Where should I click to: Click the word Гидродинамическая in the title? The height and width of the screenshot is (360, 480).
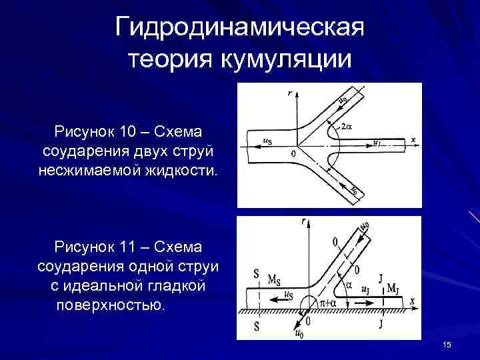(x=239, y=29)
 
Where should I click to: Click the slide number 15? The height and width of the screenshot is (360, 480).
(x=447, y=344)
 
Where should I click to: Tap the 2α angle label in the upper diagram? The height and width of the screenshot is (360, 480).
(x=347, y=125)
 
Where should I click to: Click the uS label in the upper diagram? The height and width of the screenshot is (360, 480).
(x=266, y=141)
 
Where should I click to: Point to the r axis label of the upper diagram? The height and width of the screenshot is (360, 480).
(x=290, y=94)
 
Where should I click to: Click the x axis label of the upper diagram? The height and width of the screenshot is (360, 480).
(x=413, y=140)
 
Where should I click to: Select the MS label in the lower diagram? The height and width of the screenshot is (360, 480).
(x=274, y=279)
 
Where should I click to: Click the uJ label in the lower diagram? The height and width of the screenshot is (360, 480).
(x=366, y=290)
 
